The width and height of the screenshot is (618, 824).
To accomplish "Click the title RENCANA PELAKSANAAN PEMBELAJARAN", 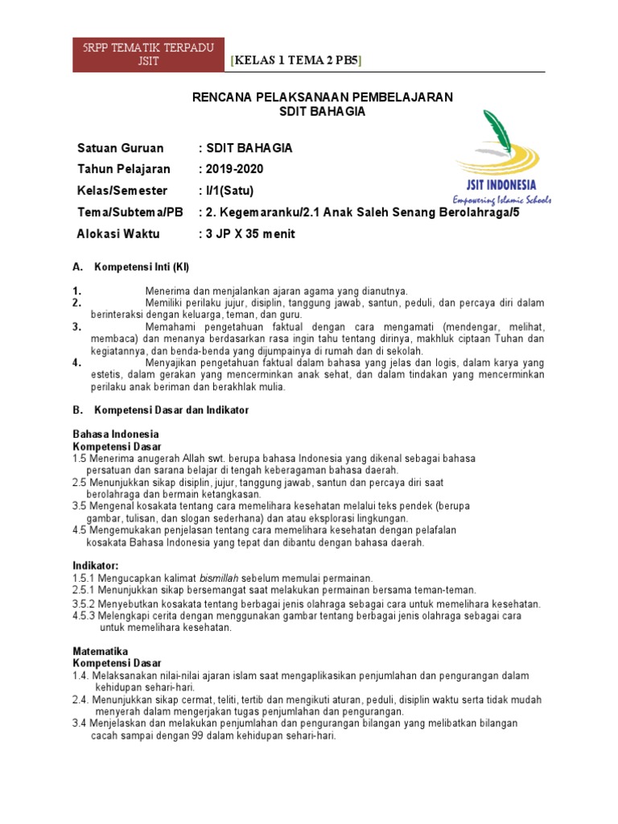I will tap(322, 97).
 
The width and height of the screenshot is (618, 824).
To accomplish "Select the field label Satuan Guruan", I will tap(120, 148).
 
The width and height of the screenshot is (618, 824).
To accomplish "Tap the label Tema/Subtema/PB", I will tap(130, 212).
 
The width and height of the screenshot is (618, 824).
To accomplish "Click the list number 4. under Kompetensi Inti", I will tap(77, 363).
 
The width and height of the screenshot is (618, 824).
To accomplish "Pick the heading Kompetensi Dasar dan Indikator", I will tap(172, 410).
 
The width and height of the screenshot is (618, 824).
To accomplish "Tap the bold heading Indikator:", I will tap(96, 566).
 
